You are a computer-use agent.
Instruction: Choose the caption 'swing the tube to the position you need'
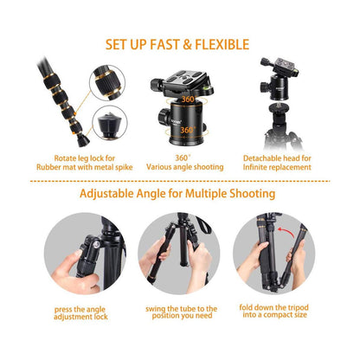[181, 312]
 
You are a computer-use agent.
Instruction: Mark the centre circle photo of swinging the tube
[179, 253]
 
